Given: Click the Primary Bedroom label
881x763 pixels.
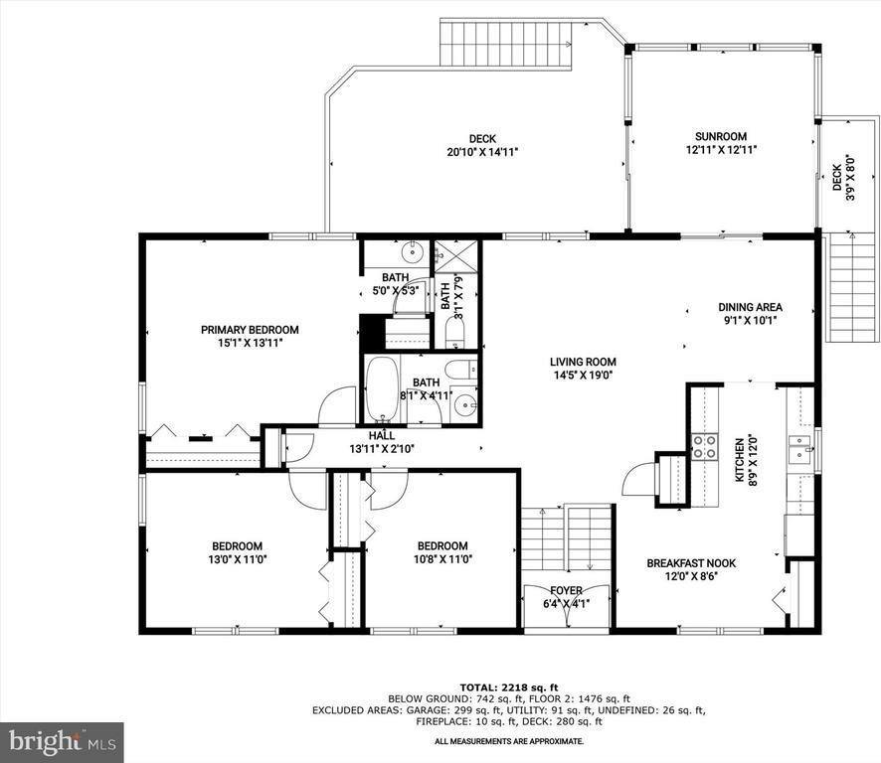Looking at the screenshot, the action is pos(250,330).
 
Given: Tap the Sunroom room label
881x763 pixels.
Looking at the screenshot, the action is pos(721,136).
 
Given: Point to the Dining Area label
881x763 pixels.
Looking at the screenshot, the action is pos(750,307).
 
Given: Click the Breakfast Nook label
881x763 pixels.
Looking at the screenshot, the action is pos(691,563).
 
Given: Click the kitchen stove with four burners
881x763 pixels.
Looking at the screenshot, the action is pos(705,447).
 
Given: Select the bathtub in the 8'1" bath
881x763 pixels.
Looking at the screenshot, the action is pos(382,388).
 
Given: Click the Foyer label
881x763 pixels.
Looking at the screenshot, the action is pos(566,591).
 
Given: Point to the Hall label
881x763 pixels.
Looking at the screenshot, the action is pos(382,436).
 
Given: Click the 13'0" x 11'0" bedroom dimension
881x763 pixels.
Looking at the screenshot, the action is pos(237,559).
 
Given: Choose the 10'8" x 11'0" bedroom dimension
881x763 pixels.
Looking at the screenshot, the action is pos(442,559).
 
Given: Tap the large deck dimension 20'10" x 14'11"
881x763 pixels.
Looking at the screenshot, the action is pos(482,152).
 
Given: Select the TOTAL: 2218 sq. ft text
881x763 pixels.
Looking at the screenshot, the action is pos(509,687).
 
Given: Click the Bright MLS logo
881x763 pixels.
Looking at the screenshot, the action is pos(62,742).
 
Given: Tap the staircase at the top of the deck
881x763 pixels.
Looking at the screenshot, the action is pos(506,44).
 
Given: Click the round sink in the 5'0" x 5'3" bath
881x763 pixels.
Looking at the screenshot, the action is pos(413,252).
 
